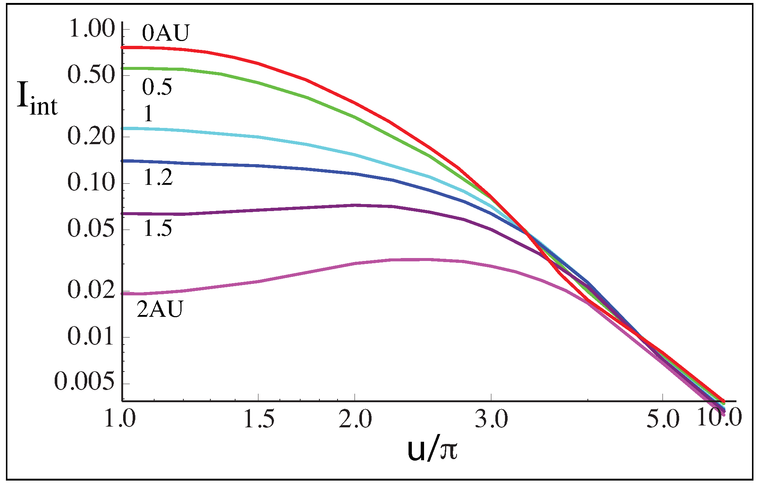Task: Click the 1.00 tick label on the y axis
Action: click(92, 30)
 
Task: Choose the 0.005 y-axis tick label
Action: click(84, 382)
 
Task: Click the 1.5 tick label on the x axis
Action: click(259, 420)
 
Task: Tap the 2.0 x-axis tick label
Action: click(355, 420)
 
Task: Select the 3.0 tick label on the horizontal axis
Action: click(491, 420)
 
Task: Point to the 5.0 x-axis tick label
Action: click(663, 420)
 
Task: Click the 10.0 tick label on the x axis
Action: click(719, 417)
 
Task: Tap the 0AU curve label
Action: click(166, 33)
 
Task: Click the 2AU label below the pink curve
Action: click(160, 309)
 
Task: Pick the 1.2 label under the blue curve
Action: click(158, 178)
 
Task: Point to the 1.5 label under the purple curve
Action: click(158, 228)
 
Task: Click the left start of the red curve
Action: click(123, 47)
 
